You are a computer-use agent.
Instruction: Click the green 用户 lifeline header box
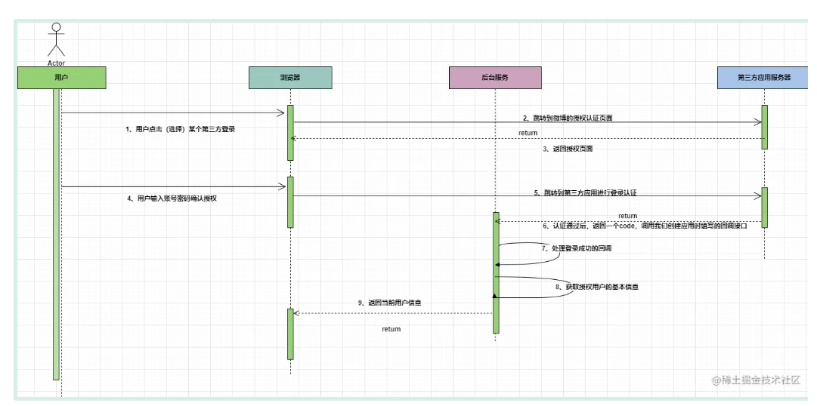[x=61, y=78]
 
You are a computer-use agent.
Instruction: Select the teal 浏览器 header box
[x=290, y=78]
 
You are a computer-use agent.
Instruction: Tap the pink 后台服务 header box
[x=495, y=78]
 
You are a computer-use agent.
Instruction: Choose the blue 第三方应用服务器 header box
[x=764, y=78]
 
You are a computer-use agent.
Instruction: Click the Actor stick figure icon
[x=56, y=39]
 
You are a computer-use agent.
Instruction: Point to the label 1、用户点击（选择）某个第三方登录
[x=180, y=129]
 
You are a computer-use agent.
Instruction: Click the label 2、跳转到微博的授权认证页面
[x=568, y=118]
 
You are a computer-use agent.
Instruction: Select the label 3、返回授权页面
[x=568, y=149]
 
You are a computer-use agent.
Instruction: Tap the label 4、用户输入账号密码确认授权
[x=177, y=198]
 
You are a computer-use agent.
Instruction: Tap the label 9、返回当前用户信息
[x=389, y=302]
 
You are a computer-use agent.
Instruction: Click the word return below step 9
[x=391, y=329]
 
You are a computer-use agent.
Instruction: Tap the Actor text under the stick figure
[x=56, y=63]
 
